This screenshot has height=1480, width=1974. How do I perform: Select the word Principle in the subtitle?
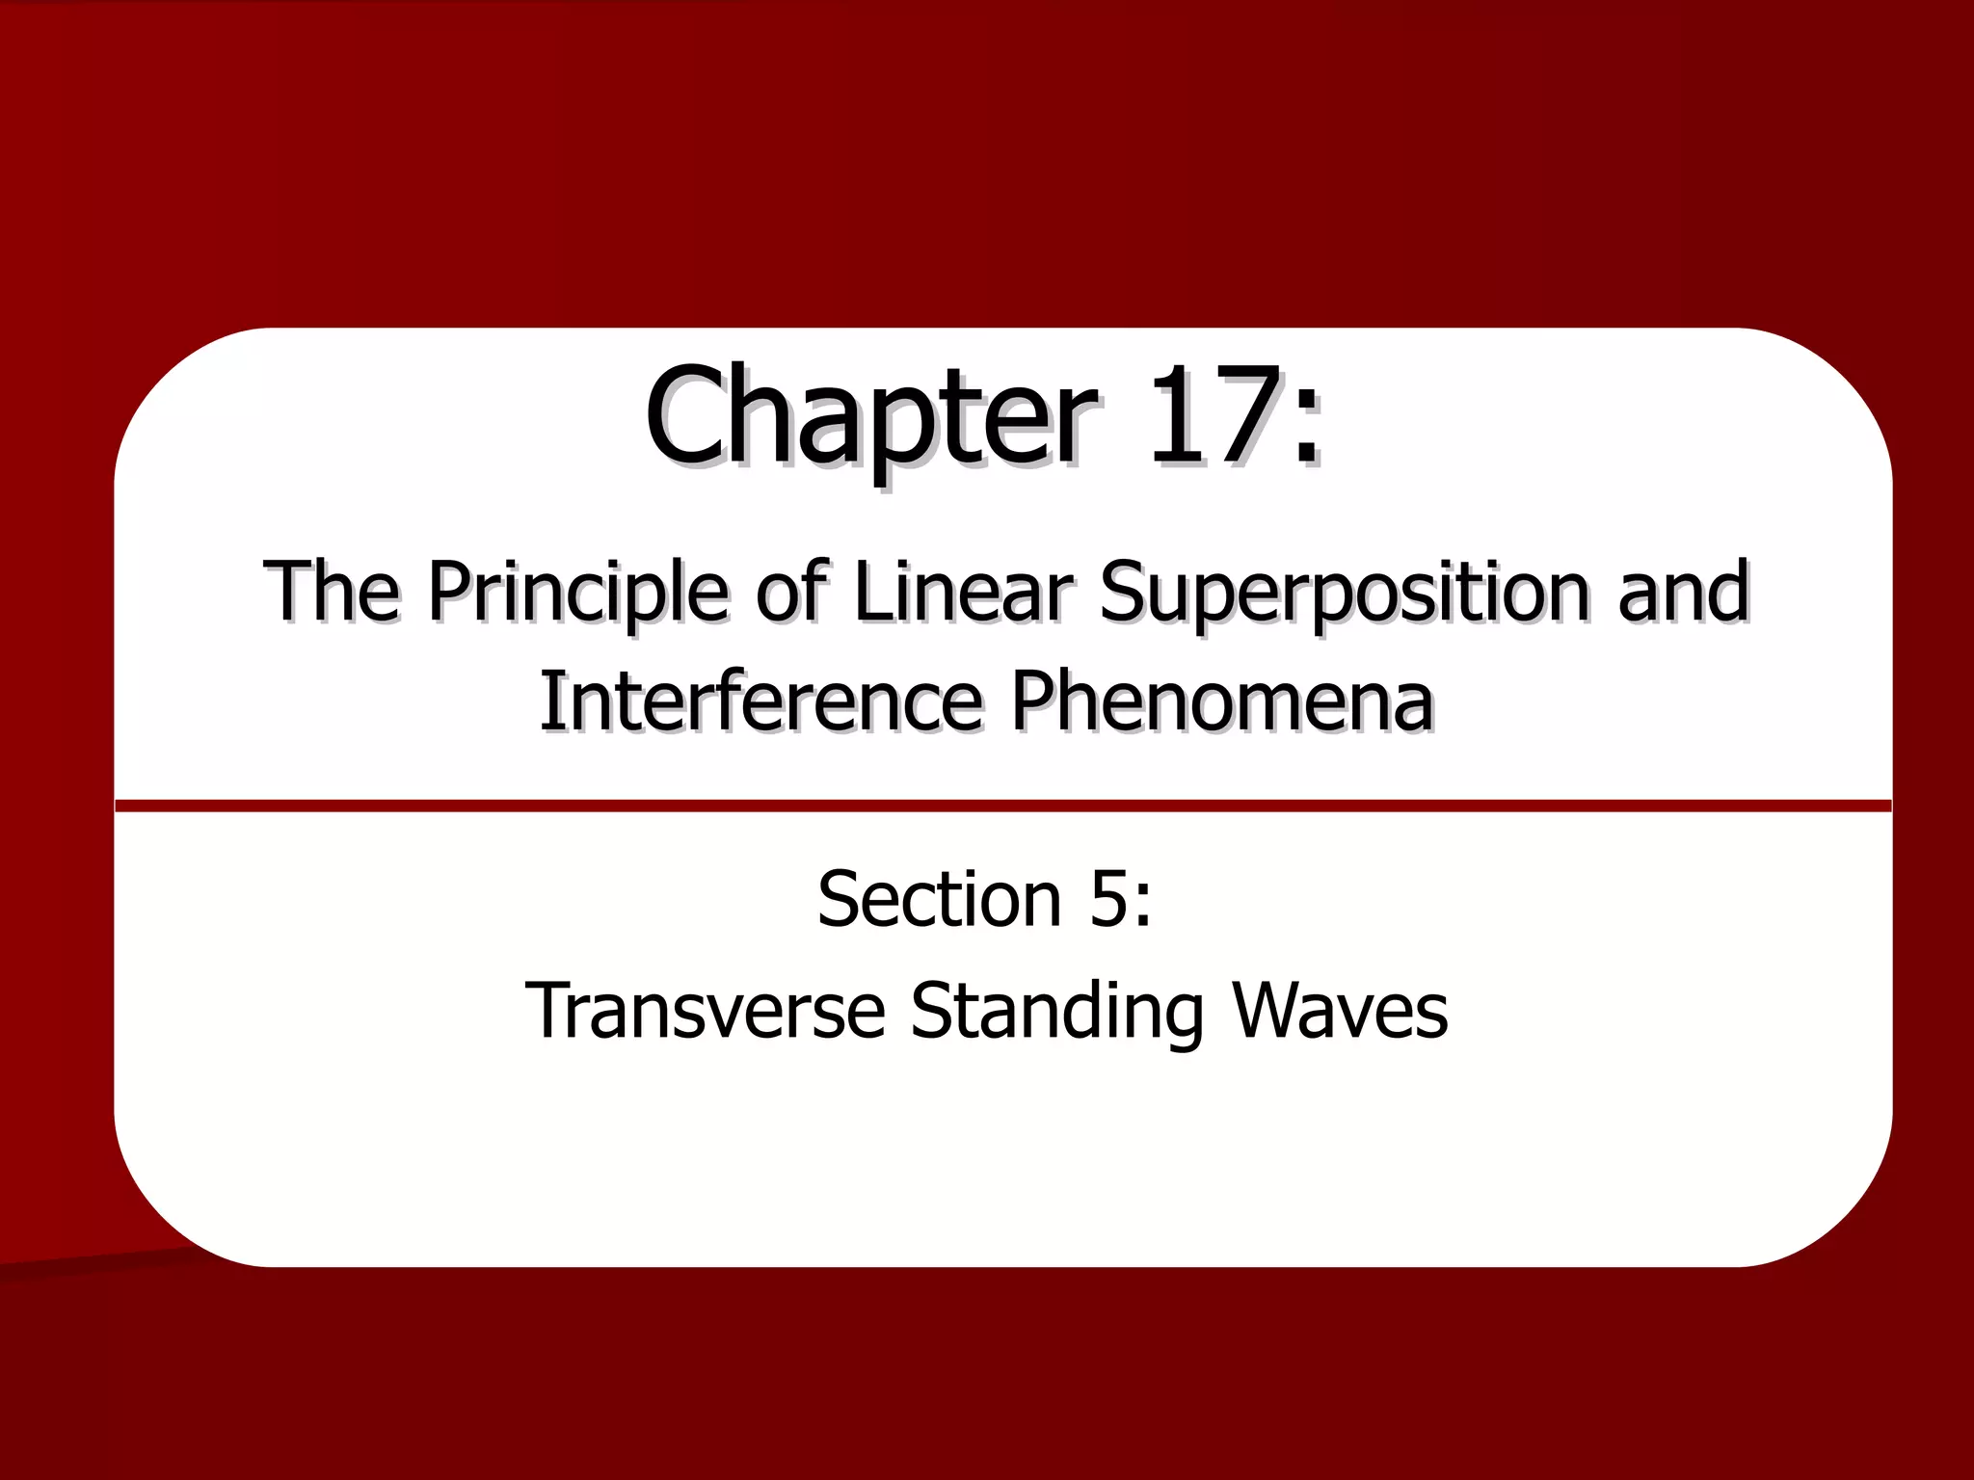(577, 594)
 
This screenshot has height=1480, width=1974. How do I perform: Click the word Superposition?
(1346, 594)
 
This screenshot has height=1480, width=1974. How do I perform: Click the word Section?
(939, 898)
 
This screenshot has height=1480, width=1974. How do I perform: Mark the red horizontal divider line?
(1002, 806)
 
